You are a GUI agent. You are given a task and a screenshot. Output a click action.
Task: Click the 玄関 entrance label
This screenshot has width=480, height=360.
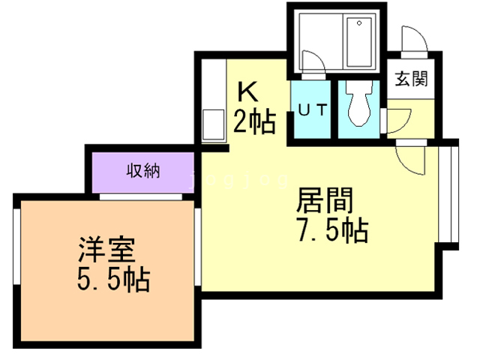click(411, 79)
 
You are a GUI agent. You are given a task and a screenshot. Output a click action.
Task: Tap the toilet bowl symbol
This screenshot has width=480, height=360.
click(358, 103)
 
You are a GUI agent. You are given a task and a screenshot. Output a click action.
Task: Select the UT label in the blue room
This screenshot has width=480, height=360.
click(313, 110)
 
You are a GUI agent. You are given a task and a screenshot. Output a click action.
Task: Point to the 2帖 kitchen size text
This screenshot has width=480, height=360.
click(255, 121)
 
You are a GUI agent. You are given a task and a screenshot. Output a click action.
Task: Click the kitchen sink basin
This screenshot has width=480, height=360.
click(213, 125)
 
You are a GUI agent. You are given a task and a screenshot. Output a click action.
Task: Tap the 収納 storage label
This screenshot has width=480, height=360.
click(143, 170)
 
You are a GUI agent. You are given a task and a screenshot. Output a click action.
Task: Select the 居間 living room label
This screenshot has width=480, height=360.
click(325, 200)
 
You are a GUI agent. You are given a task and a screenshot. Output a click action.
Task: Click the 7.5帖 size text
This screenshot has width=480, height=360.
click(333, 230)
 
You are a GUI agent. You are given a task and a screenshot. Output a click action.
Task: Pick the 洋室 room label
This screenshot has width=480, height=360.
click(106, 249)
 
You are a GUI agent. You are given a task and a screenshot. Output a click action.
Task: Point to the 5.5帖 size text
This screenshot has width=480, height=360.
click(113, 279)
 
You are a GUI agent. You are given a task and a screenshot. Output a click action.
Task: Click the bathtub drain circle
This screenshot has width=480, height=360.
click(359, 23)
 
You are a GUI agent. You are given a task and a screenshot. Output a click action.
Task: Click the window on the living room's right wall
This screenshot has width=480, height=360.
click(448, 194)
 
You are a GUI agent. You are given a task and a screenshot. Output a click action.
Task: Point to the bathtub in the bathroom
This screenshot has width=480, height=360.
click(360, 42)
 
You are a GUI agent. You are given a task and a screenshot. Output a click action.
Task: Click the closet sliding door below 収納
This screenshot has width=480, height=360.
click(141, 196)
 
